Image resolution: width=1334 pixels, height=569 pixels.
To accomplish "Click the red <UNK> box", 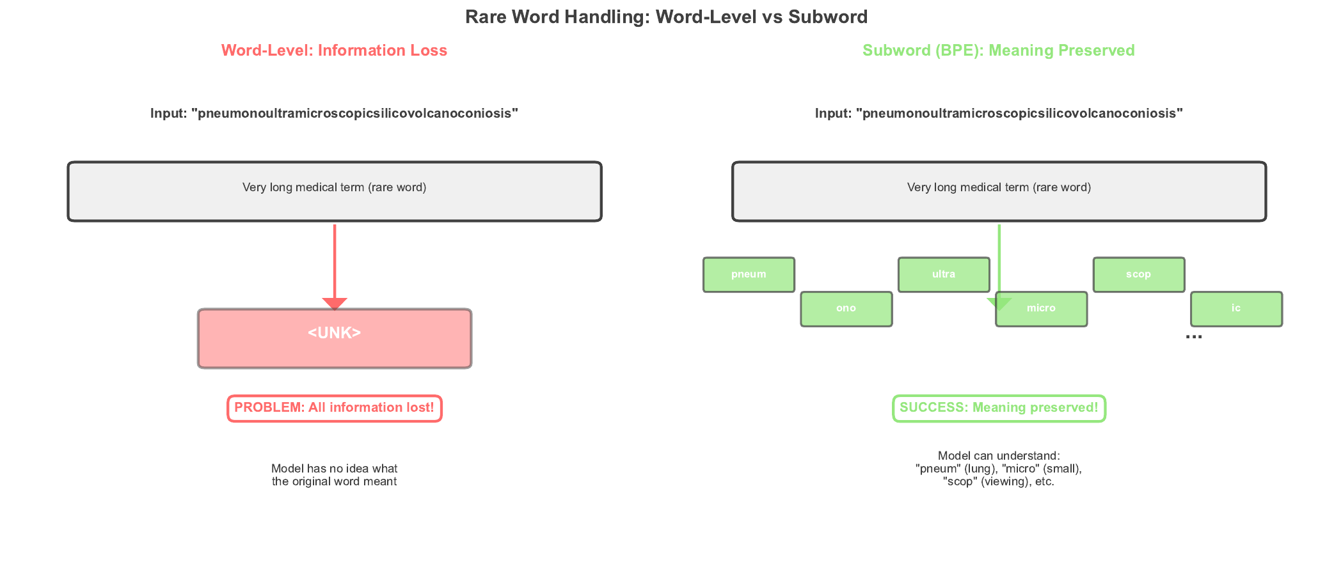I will tap(334, 338).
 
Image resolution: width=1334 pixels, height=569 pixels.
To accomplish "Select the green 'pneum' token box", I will tap(749, 275).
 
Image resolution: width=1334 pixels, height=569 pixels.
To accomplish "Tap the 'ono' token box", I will tap(846, 309).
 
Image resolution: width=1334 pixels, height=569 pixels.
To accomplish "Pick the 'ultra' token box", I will tap(943, 275).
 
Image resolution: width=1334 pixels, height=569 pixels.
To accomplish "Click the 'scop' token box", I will tap(1138, 275).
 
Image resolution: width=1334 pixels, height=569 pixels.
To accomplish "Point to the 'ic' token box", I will tap(1235, 309).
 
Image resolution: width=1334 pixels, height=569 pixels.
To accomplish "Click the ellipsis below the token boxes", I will tap(1193, 336).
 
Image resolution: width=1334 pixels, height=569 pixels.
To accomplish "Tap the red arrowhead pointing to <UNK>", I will tap(335, 303).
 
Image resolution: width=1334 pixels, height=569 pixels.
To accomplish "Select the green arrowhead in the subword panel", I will tap(999, 304).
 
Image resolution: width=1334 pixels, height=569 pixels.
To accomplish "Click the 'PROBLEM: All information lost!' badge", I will tap(334, 408).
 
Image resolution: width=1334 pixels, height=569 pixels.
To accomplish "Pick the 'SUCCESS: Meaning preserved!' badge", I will tap(999, 408).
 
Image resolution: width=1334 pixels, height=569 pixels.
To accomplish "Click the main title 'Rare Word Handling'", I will tap(666, 17).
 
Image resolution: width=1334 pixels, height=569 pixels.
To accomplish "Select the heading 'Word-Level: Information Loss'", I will tap(334, 51).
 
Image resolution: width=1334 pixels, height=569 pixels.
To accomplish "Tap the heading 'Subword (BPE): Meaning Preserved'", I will tap(998, 51).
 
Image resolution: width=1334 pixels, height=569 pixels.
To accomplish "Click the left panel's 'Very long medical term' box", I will tap(334, 191).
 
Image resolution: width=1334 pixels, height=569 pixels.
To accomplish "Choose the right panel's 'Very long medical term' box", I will tap(999, 191).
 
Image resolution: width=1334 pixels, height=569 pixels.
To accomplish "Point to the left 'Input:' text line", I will tap(334, 114).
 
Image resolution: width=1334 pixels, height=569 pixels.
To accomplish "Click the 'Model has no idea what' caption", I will tap(334, 469).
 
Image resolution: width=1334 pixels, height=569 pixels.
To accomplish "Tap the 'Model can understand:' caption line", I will tap(999, 456).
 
